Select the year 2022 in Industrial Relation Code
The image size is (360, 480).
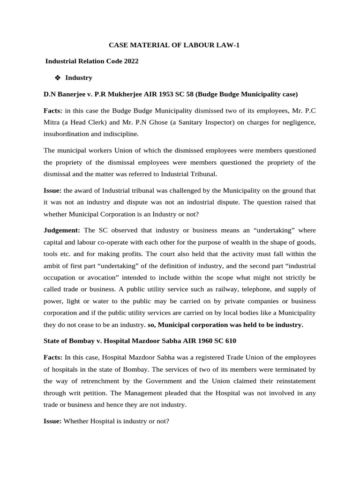(131, 61)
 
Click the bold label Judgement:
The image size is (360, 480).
(62, 231)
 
